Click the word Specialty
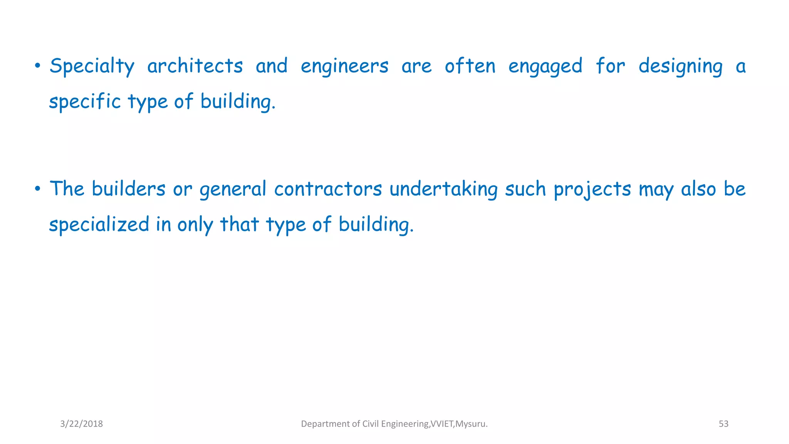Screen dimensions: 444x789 [92, 66]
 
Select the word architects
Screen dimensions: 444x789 [195, 66]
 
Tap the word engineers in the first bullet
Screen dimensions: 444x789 [344, 66]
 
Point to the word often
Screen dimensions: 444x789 [470, 66]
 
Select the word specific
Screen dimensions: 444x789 [85, 102]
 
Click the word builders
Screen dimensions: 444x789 [128, 189]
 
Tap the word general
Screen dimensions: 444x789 [233, 190]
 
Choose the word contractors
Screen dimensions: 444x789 [328, 189]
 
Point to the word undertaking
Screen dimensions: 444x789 [443, 190]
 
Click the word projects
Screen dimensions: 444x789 [592, 190]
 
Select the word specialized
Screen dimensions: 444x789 [99, 224]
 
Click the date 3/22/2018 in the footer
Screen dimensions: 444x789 [81, 424]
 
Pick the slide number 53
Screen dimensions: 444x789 [724, 424]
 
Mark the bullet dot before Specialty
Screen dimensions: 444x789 [37, 66]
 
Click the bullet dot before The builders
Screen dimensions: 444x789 [37, 189]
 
